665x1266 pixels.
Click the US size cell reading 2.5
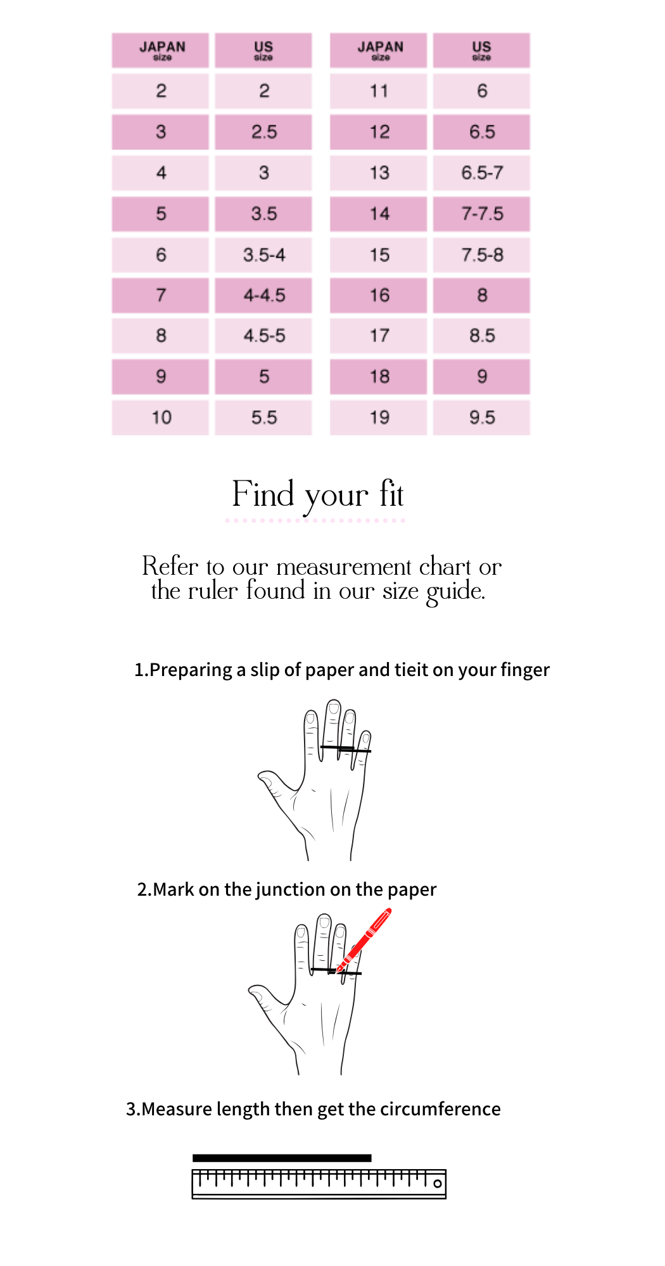pos(263,132)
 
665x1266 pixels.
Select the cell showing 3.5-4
pos(263,255)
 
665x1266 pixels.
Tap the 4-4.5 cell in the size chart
pos(263,296)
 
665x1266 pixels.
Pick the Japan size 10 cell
pos(161,418)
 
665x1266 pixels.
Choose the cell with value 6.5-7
pos(481,173)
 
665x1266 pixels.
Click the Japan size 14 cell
pos(379,214)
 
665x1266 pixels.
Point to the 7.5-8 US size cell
pos(481,255)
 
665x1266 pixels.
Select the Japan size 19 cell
pos(379,418)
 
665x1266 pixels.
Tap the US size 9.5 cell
pos(481,418)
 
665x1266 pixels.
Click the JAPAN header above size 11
pos(379,51)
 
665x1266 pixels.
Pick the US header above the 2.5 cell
pos(263,51)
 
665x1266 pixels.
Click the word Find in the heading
pos(263,494)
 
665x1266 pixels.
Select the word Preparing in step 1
pos(191,670)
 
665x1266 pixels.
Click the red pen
pos(364,940)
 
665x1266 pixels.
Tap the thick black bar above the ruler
pos(282,1158)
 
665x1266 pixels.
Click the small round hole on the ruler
pos(437,1184)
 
